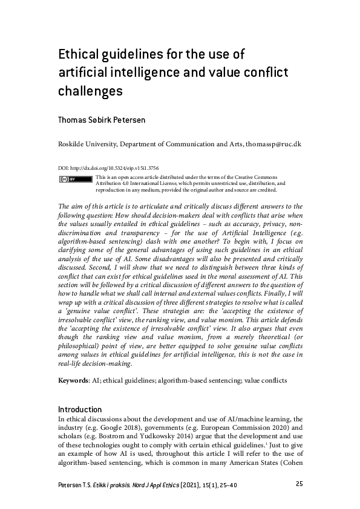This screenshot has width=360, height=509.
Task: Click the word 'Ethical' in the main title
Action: point(78,55)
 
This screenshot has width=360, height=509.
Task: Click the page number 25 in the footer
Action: point(299,484)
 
